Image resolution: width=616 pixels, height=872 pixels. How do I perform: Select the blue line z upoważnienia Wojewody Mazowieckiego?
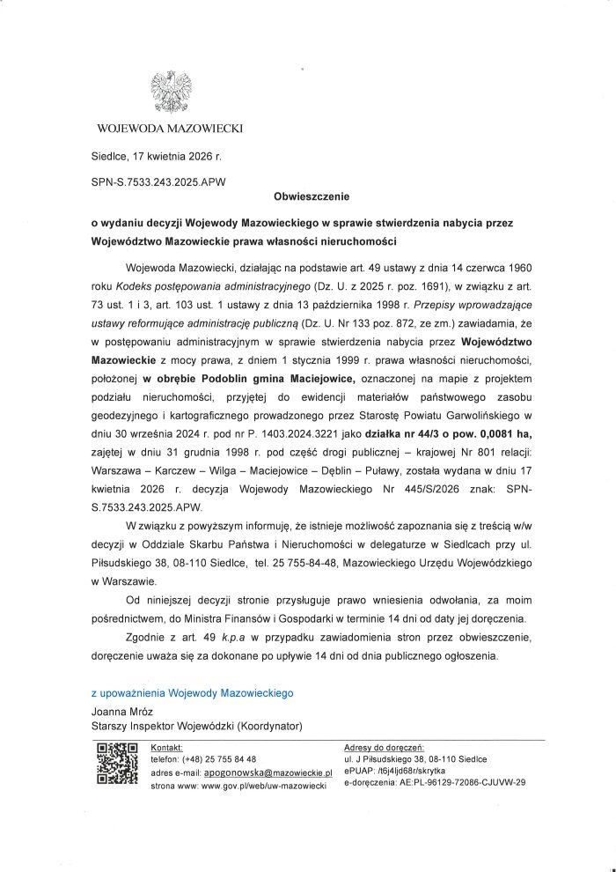click(x=192, y=694)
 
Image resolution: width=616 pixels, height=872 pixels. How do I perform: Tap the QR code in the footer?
click(x=117, y=764)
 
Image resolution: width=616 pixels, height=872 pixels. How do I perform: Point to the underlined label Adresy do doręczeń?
click(x=385, y=746)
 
